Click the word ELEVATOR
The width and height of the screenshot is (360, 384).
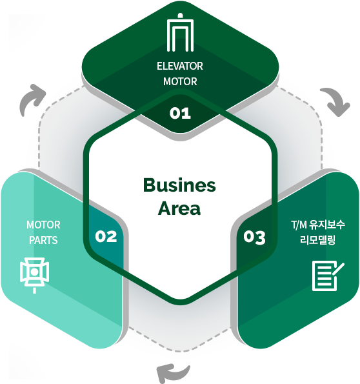click(180, 66)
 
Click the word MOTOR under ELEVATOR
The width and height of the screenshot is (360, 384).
click(180, 81)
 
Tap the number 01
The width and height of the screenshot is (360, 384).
click(180, 113)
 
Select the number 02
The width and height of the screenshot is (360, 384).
click(106, 236)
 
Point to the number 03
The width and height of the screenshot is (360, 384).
click(254, 237)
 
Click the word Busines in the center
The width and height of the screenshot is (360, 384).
click(179, 185)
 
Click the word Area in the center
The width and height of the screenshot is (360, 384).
click(179, 208)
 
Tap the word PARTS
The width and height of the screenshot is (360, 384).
click(43, 240)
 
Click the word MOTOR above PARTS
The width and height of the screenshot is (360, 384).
click(43, 225)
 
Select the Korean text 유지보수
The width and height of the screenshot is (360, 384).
click(327, 225)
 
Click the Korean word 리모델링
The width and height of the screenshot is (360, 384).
click(317, 239)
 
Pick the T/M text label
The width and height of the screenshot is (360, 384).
click(299, 225)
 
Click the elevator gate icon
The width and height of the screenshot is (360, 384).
click(180, 32)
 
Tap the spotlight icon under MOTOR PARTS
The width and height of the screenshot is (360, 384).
click(35, 275)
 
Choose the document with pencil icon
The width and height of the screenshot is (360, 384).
click(328, 276)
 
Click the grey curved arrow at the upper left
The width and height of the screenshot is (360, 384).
click(32, 99)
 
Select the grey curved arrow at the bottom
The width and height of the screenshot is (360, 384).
click(173, 372)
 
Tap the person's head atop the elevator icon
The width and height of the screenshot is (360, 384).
click(180, 15)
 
